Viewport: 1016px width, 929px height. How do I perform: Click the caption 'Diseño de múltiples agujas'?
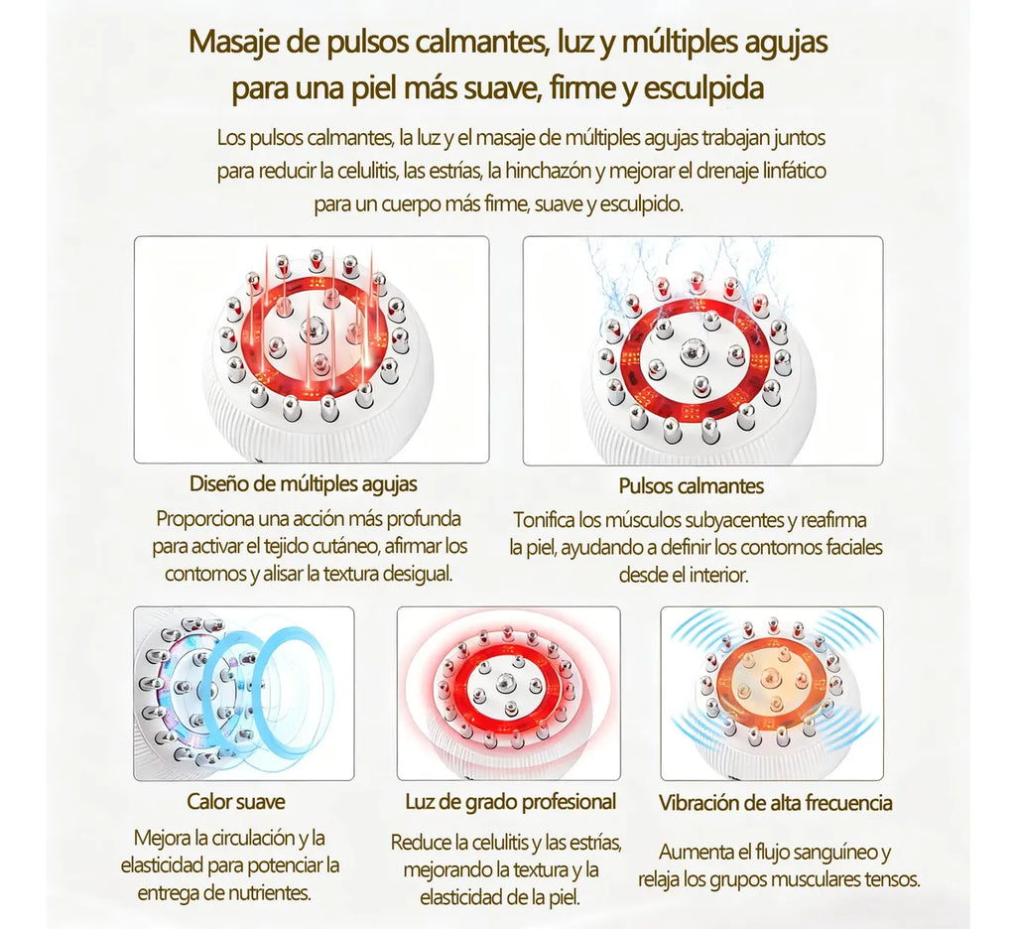[304, 483]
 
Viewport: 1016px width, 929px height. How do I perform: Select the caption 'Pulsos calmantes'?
[692, 486]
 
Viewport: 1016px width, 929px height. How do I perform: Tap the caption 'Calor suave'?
[236, 802]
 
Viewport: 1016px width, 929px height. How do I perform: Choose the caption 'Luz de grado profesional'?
[511, 803]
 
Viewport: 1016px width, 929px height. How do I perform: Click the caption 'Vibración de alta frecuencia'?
[775, 803]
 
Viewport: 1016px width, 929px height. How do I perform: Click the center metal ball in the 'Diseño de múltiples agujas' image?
[313, 330]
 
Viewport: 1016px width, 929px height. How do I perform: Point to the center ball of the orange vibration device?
[771, 678]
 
